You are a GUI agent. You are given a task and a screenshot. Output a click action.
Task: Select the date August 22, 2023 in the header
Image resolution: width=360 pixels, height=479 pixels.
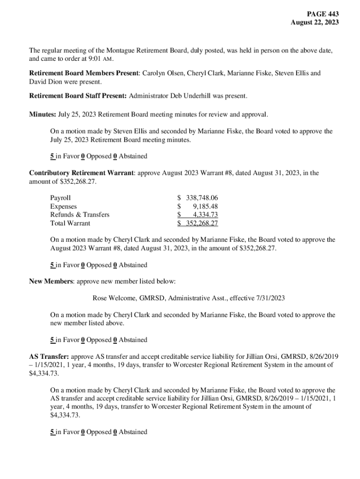click(x=315, y=22)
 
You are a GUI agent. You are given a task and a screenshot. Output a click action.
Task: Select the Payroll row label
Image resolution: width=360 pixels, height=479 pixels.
click(x=60, y=198)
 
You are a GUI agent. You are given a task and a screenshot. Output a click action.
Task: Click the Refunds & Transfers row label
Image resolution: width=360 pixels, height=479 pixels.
click(x=79, y=215)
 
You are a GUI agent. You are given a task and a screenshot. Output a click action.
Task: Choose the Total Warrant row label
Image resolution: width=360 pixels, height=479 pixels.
click(x=70, y=223)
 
